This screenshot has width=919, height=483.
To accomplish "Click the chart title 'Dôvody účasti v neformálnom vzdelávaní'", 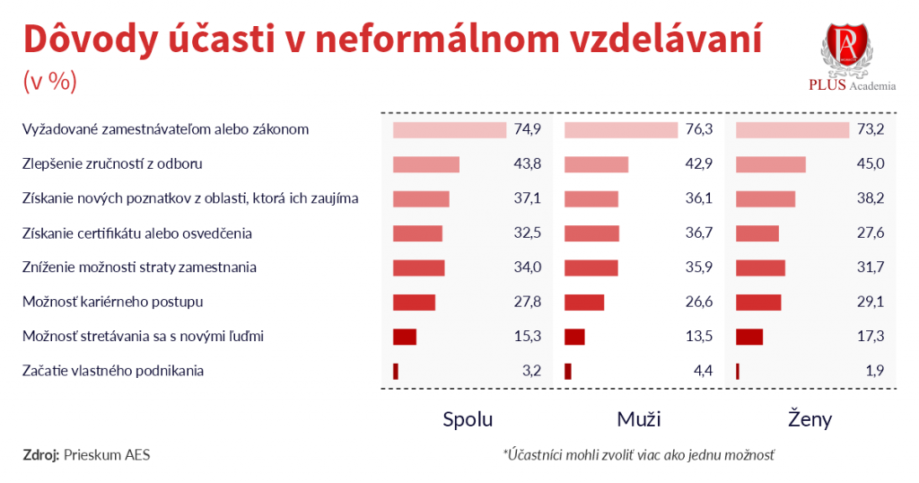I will pos(392,40).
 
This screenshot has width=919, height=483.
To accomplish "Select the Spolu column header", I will pos(468,419).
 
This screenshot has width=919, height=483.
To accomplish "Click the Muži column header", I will pos(639,419).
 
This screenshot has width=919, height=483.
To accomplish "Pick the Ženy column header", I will pos(810,419).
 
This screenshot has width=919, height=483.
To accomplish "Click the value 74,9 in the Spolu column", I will pos(528,129).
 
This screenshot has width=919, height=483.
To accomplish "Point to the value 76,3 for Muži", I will pos(698,129).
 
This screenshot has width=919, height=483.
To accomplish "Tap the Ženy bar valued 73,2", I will pos(792,129).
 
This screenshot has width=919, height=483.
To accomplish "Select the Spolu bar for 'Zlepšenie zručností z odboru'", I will pos(426,164).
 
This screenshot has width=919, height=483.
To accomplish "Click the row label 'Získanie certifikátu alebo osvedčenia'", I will pos(136,233).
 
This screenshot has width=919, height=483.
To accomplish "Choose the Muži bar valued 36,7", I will pos(592,233).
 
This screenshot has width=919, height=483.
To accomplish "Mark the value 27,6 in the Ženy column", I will pos(871,233).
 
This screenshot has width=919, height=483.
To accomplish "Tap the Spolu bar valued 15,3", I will pos(405,337).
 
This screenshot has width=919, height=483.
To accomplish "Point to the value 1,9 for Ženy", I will pos(875,371).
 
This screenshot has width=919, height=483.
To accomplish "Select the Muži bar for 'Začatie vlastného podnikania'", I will pos(568,371).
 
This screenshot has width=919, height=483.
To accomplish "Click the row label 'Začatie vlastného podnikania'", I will pos(112,370).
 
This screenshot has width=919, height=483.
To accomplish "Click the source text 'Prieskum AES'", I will pos(107,454).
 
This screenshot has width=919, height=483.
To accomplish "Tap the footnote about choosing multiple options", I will pos(639,454).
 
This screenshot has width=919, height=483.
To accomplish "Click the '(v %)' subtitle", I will pos(49,80).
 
